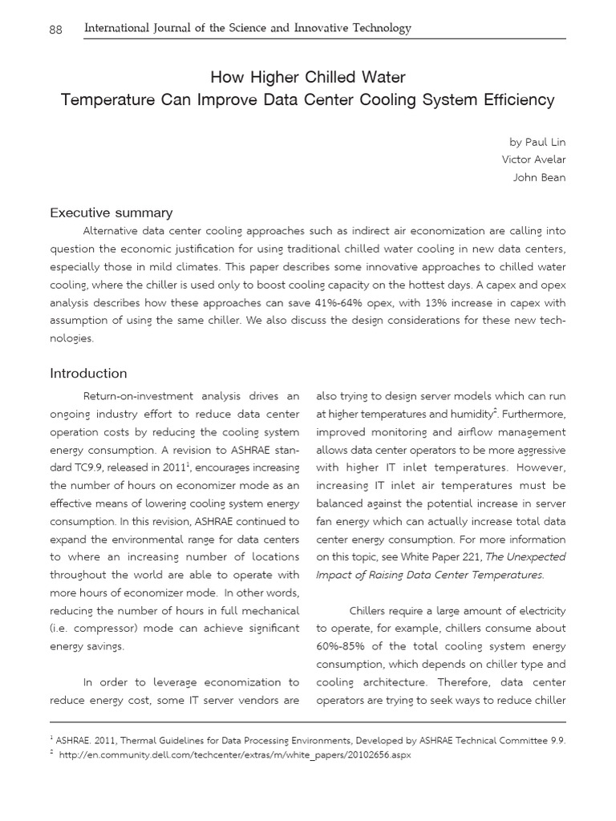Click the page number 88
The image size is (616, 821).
57,29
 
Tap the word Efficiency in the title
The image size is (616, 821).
518,100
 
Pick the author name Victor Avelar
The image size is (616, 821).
533,160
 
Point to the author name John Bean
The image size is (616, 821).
539,177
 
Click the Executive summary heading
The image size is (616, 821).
111,212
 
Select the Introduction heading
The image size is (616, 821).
88,373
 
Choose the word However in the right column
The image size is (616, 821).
541,467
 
